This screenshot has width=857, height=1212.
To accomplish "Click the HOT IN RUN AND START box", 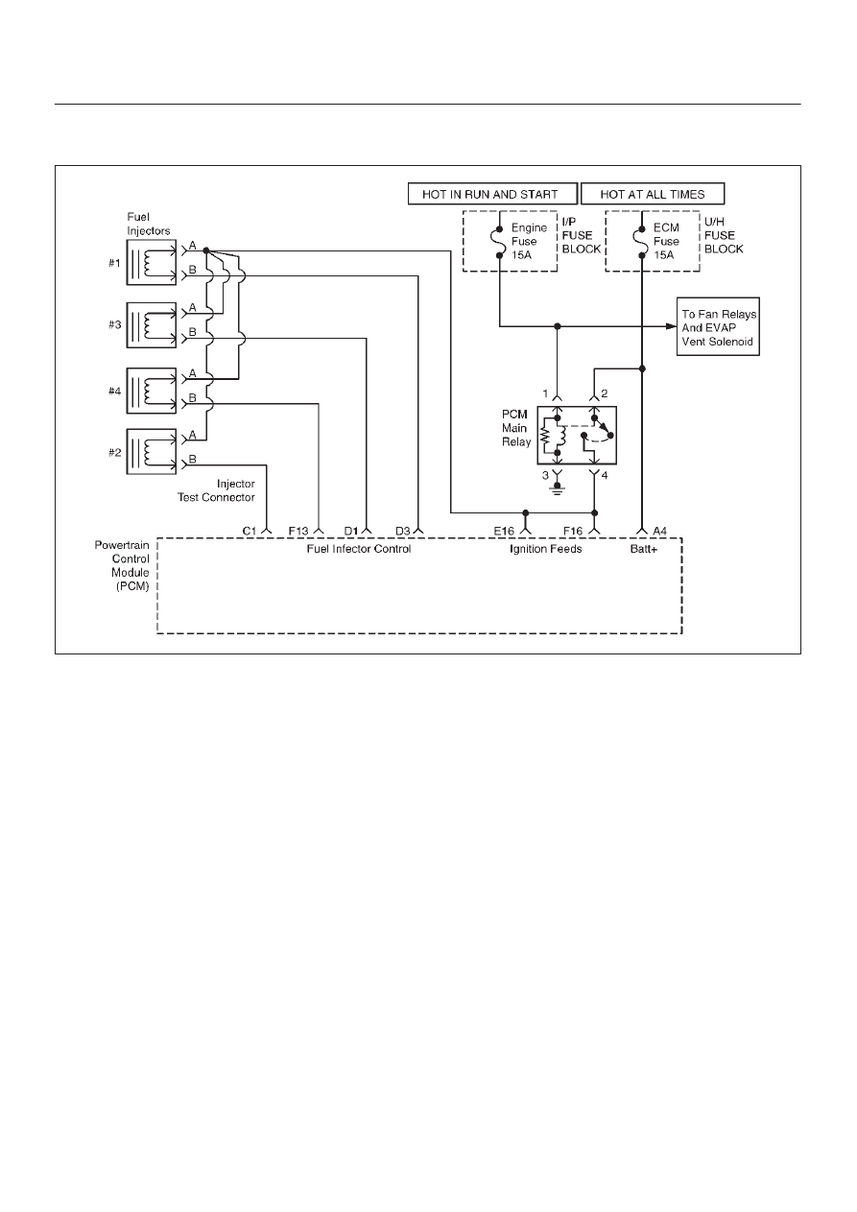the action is pyautogui.click(x=492, y=194).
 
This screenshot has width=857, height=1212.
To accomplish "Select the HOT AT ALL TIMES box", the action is pyautogui.click(x=653, y=194).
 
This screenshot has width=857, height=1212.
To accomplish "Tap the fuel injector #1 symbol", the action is pyautogui.click(x=152, y=262).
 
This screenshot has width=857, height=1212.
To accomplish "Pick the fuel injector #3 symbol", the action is pyautogui.click(x=152, y=324).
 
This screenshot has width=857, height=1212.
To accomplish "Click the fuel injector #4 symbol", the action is pyautogui.click(x=152, y=391).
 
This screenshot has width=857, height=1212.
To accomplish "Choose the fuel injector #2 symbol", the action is pyautogui.click(x=152, y=452).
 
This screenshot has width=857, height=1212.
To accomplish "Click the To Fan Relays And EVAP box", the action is pyautogui.click(x=718, y=326).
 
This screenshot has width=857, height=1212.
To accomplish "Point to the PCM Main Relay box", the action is pyautogui.click(x=577, y=435).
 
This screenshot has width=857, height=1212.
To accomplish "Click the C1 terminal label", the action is pyautogui.click(x=250, y=532).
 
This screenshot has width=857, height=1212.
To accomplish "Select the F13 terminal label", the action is pyautogui.click(x=298, y=532).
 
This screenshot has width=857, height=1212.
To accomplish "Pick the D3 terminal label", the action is pyautogui.click(x=403, y=532).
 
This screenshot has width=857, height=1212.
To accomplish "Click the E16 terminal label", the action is pyautogui.click(x=504, y=532).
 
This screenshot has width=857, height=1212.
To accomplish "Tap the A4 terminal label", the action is pyautogui.click(x=660, y=532).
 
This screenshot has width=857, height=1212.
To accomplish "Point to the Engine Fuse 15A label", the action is pyautogui.click(x=529, y=241).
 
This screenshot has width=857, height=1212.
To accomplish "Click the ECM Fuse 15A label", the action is pyautogui.click(x=666, y=241).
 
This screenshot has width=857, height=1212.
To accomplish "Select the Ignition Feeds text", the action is pyautogui.click(x=545, y=549).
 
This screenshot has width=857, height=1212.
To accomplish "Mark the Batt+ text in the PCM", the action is pyautogui.click(x=644, y=549).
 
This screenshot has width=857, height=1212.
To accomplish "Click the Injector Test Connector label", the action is pyautogui.click(x=217, y=490).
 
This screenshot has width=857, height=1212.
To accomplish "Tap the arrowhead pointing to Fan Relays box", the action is pyautogui.click(x=672, y=326).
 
